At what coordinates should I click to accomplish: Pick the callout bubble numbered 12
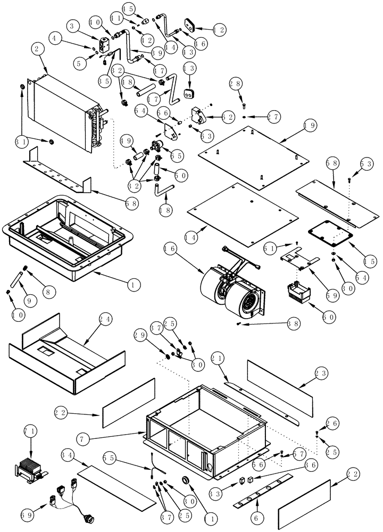tap(220, 30)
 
